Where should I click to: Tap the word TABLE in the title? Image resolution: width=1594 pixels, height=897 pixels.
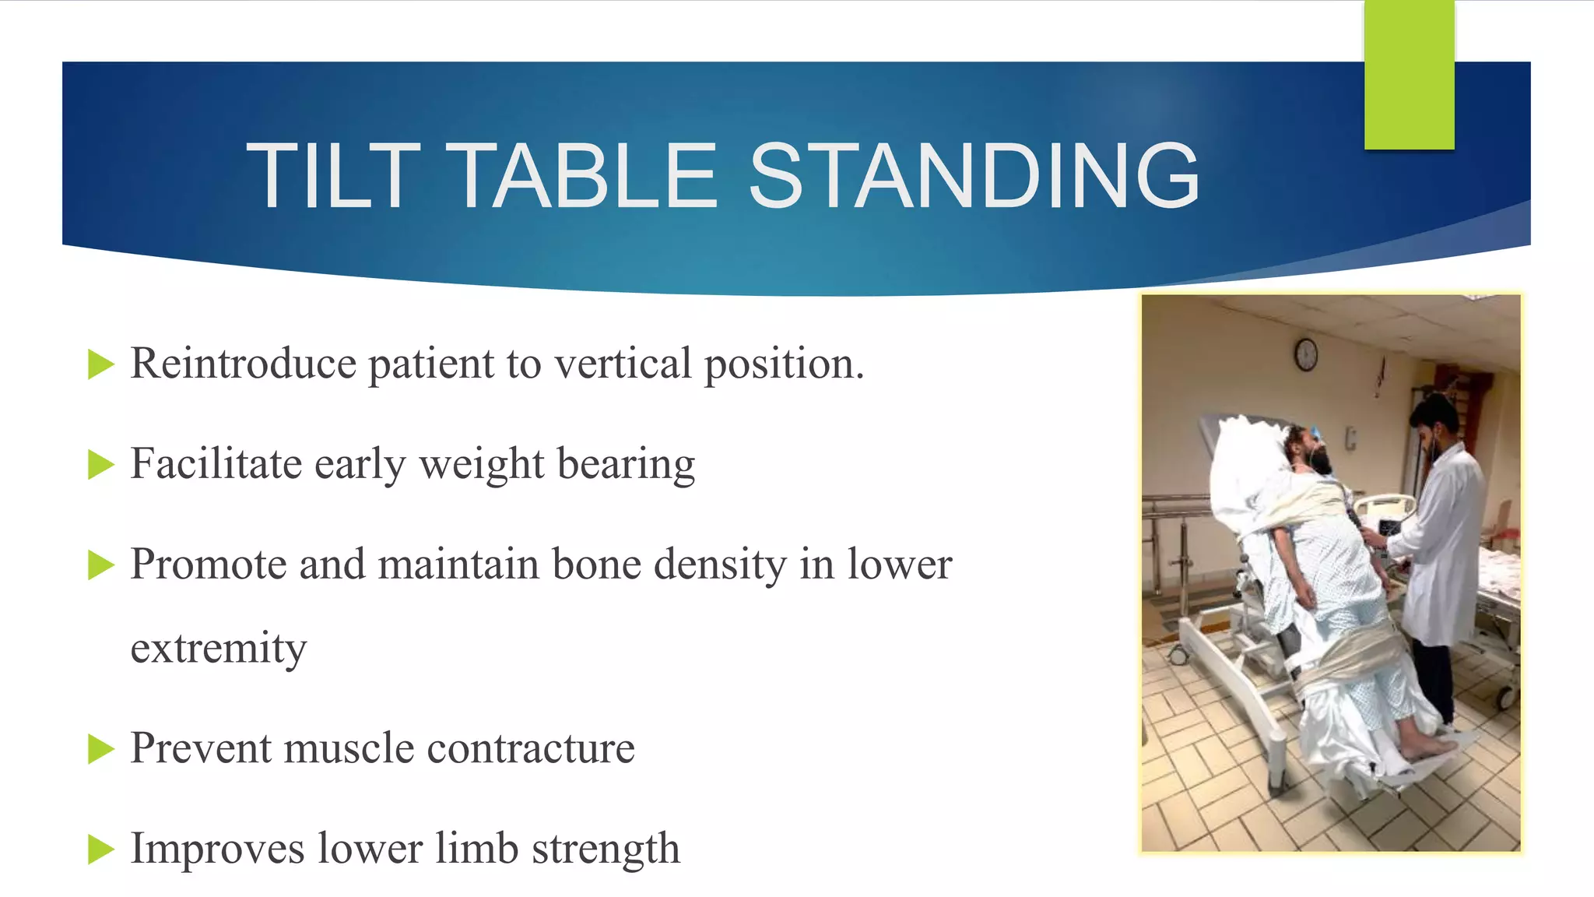click(x=584, y=177)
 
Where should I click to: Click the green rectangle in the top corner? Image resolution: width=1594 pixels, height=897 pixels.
click(x=1409, y=75)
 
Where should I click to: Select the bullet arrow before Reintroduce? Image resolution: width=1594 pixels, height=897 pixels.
click(x=100, y=364)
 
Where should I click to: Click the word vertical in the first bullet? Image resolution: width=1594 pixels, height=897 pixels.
click(x=623, y=364)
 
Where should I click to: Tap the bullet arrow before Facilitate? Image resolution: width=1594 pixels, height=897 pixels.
click(x=100, y=465)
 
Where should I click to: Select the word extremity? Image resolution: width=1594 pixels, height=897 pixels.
click(x=219, y=649)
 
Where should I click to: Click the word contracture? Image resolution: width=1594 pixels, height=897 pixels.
click(x=531, y=748)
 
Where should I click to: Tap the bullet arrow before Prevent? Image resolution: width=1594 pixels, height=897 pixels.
click(x=100, y=749)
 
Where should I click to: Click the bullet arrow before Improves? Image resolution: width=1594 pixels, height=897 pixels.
click(x=100, y=850)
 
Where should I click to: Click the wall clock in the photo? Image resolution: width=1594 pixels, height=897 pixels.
click(x=1306, y=355)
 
